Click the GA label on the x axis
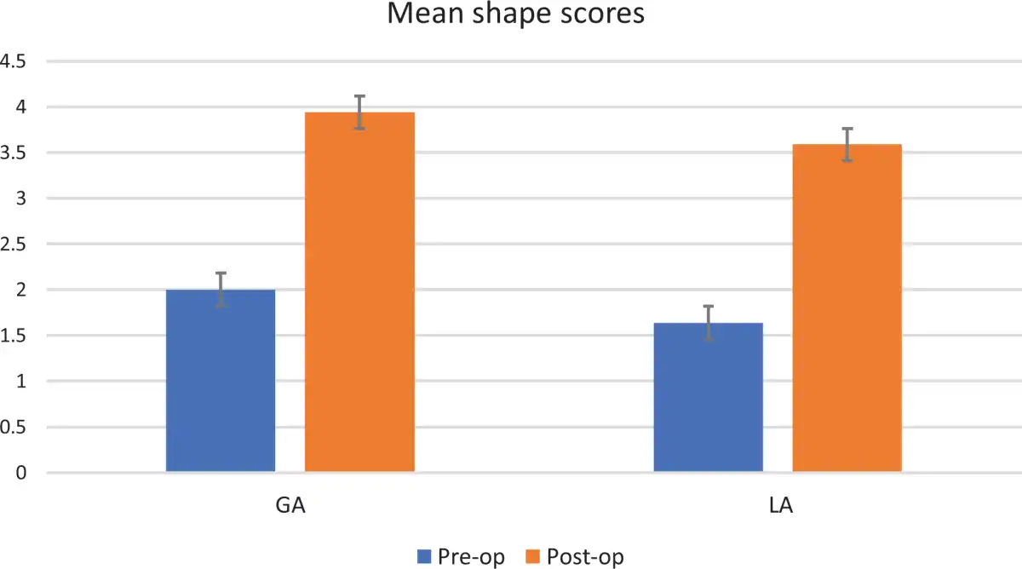pyautogui.click(x=290, y=506)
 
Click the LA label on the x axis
pyautogui.click(x=778, y=506)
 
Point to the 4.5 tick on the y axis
pyautogui.click(x=14, y=62)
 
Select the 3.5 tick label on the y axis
pyautogui.click(x=14, y=153)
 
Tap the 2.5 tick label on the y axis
pyautogui.click(x=14, y=244)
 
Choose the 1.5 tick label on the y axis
pyautogui.click(x=14, y=336)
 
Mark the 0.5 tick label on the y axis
pyautogui.click(x=14, y=427)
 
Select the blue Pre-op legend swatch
pyautogui.click(x=425, y=557)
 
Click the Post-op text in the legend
pyautogui.click(x=585, y=557)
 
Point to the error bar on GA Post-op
pyautogui.click(x=360, y=112)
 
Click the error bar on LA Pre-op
pyautogui.click(x=708, y=323)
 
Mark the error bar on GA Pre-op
pyautogui.click(x=221, y=290)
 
